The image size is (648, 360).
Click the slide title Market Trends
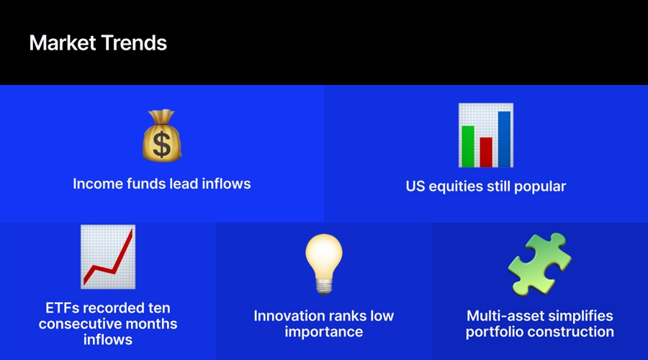pos(98,43)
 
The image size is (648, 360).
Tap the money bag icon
pos(161,135)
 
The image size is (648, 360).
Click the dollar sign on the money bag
pos(161,144)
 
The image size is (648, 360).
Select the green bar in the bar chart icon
pos(468,147)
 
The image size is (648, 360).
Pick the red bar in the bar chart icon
pos(486,153)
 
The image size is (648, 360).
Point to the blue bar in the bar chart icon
pos(504,139)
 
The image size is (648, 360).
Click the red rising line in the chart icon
pos(108,260)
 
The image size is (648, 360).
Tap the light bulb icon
pos(324,264)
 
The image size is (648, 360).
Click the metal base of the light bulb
pos(324,287)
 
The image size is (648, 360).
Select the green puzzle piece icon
pos(540,264)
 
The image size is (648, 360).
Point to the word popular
pos(540,186)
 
